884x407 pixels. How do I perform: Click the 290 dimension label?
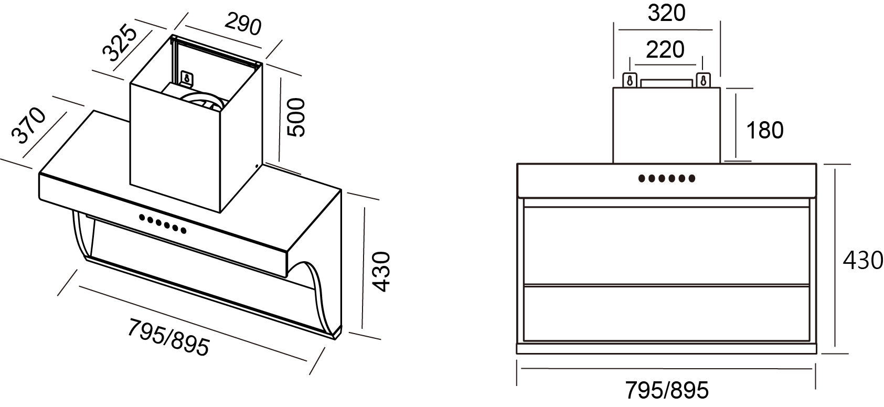tap(243, 25)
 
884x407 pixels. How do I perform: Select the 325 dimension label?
tap(120, 42)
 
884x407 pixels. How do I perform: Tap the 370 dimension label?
tap(28, 125)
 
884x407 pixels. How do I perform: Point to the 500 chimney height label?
tap(295, 117)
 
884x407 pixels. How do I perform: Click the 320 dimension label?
tap(667, 13)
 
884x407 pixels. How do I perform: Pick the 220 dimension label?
tap(665, 50)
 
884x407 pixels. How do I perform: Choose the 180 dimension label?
tap(764, 130)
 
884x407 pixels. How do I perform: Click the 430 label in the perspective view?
tap(381, 272)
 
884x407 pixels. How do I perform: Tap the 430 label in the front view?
tap(862, 260)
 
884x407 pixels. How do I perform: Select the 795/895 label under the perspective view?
tap(168, 338)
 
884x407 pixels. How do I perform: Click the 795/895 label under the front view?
tap(667, 390)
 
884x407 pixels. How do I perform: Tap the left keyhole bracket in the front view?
tap(630, 80)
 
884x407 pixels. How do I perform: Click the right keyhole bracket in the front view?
tap(703, 80)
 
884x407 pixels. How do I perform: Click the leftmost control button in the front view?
tap(642, 179)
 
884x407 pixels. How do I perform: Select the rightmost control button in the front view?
tap(692, 179)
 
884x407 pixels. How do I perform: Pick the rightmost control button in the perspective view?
tap(184, 230)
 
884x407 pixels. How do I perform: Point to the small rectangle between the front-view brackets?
tap(667, 83)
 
